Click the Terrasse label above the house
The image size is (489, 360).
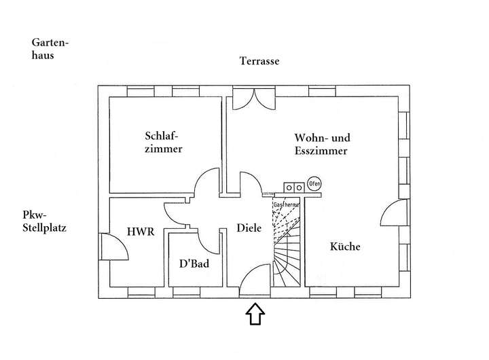pyautogui.click(x=259, y=61)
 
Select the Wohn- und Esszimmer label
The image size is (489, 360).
pyautogui.click(x=321, y=143)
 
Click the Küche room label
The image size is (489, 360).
pyautogui.click(x=345, y=247)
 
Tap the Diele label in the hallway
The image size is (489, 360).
pyautogui.click(x=249, y=229)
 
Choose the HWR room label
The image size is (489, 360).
pyautogui.click(x=141, y=232)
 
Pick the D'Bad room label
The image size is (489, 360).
pyautogui.click(x=194, y=264)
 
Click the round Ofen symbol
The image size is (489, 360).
pyautogui.click(x=314, y=184)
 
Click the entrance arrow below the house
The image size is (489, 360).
pyautogui.click(x=254, y=314)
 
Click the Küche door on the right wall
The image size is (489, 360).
pyautogui.click(x=393, y=215)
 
